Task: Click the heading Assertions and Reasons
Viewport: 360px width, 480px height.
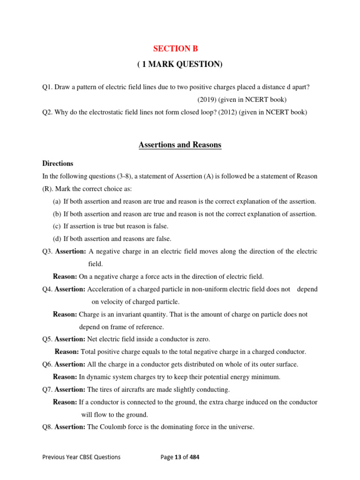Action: (x=180, y=145)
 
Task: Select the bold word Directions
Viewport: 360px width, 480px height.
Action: (x=58, y=164)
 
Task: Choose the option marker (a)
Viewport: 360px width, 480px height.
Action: (x=57, y=202)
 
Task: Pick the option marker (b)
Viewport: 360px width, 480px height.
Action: (x=57, y=214)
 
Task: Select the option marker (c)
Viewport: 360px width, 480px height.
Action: (x=57, y=226)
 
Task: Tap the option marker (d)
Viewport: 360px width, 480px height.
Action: (x=57, y=239)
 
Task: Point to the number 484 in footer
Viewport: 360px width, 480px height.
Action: (x=194, y=457)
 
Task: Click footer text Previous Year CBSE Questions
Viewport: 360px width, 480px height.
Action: (x=81, y=457)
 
